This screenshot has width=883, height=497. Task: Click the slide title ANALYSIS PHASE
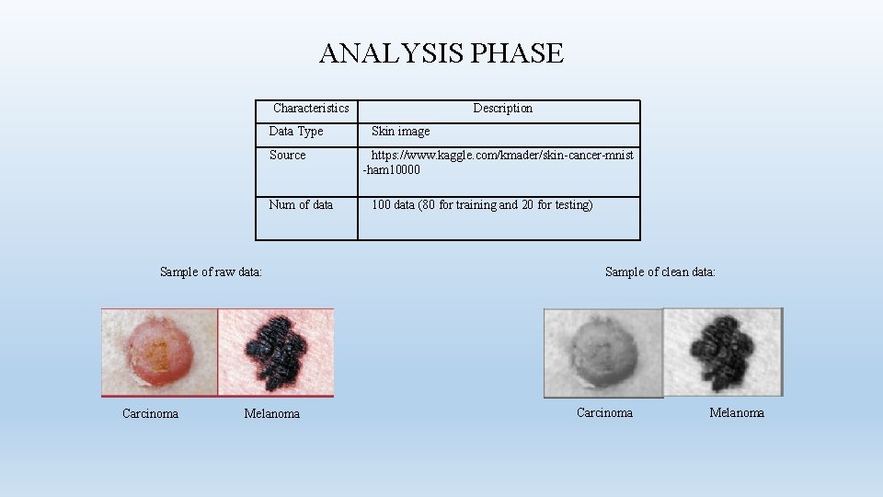click(441, 53)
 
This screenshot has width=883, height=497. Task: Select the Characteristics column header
click(311, 109)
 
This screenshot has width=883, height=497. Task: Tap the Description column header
click(502, 109)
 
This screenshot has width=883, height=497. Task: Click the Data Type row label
click(296, 132)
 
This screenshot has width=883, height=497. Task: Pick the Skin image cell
click(400, 132)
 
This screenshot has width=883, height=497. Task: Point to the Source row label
click(288, 156)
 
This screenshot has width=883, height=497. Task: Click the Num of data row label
click(301, 205)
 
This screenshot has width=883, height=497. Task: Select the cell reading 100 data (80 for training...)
click(482, 205)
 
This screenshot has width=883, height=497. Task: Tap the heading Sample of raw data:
click(211, 272)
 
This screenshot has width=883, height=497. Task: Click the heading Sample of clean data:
click(659, 272)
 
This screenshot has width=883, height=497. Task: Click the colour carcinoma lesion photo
click(159, 353)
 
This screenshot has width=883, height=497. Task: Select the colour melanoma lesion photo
click(276, 353)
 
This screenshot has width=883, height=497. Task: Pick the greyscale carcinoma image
click(602, 353)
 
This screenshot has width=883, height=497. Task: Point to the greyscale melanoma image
click(722, 352)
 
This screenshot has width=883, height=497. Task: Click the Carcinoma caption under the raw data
click(150, 413)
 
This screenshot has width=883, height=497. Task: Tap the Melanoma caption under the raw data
click(271, 414)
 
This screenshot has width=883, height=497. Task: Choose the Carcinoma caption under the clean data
click(604, 412)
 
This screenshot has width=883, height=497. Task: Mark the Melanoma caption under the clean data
click(736, 412)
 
